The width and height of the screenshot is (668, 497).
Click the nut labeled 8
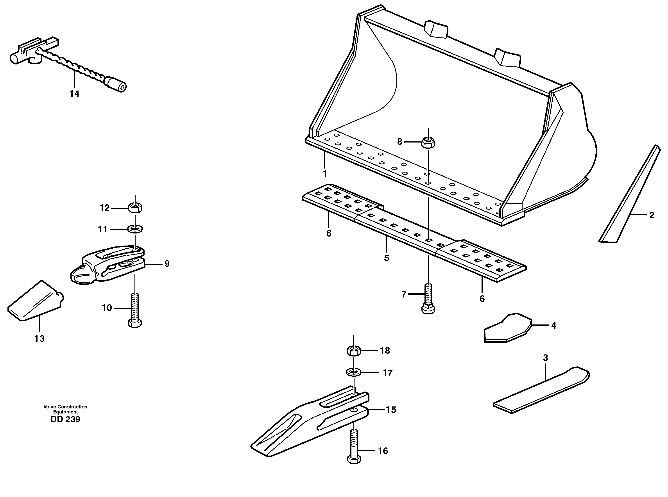coord(428,142)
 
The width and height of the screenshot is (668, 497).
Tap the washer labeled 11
coord(135,229)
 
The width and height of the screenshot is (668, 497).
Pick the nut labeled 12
coord(135,208)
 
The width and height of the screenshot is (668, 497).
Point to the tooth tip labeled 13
coord(35,302)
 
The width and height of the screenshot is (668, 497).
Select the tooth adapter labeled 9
coord(108,263)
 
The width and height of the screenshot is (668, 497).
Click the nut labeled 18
coord(354,351)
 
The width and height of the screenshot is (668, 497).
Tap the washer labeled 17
coord(354,372)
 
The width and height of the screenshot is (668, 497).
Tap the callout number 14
coord(74,94)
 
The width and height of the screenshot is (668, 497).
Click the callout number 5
coord(387,258)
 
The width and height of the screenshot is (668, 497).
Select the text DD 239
coord(65,419)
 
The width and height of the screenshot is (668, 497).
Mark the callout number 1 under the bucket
coord(325,174)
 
